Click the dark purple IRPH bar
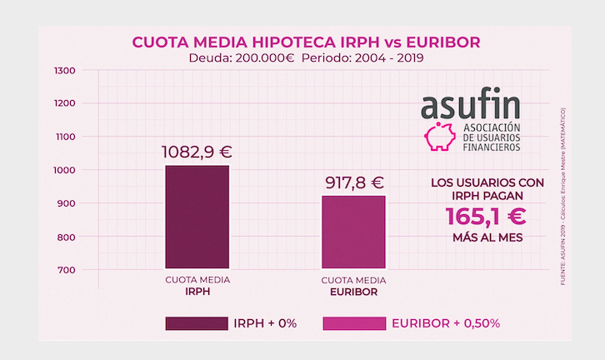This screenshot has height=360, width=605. click(x=197, y=217)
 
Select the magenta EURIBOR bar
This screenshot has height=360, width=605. click(x=353, y=232)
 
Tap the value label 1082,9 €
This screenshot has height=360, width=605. click(x=197, y=152)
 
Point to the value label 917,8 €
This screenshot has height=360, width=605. click(x=353, y=182)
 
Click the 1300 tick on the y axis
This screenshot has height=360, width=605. click(x=65, y=70)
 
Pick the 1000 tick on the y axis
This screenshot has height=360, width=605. click(x=65, y=170)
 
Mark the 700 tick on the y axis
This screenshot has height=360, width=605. click(x=67, y=270)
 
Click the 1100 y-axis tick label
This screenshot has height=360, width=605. click(x=65, y=137)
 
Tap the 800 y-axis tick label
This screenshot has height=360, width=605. click(x=67, y=237)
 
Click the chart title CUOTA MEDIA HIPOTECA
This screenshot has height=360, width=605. click(x=307, y=42)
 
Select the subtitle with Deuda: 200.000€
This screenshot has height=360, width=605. click(x=307, y=57)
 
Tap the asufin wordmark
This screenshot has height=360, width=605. click(x=470, y=107)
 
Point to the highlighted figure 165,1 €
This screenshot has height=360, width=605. click(x=485, y=217)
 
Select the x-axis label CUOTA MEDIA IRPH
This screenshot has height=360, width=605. click(x=197, y=286)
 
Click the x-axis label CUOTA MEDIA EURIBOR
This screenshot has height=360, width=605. click(x=353, y=286)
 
